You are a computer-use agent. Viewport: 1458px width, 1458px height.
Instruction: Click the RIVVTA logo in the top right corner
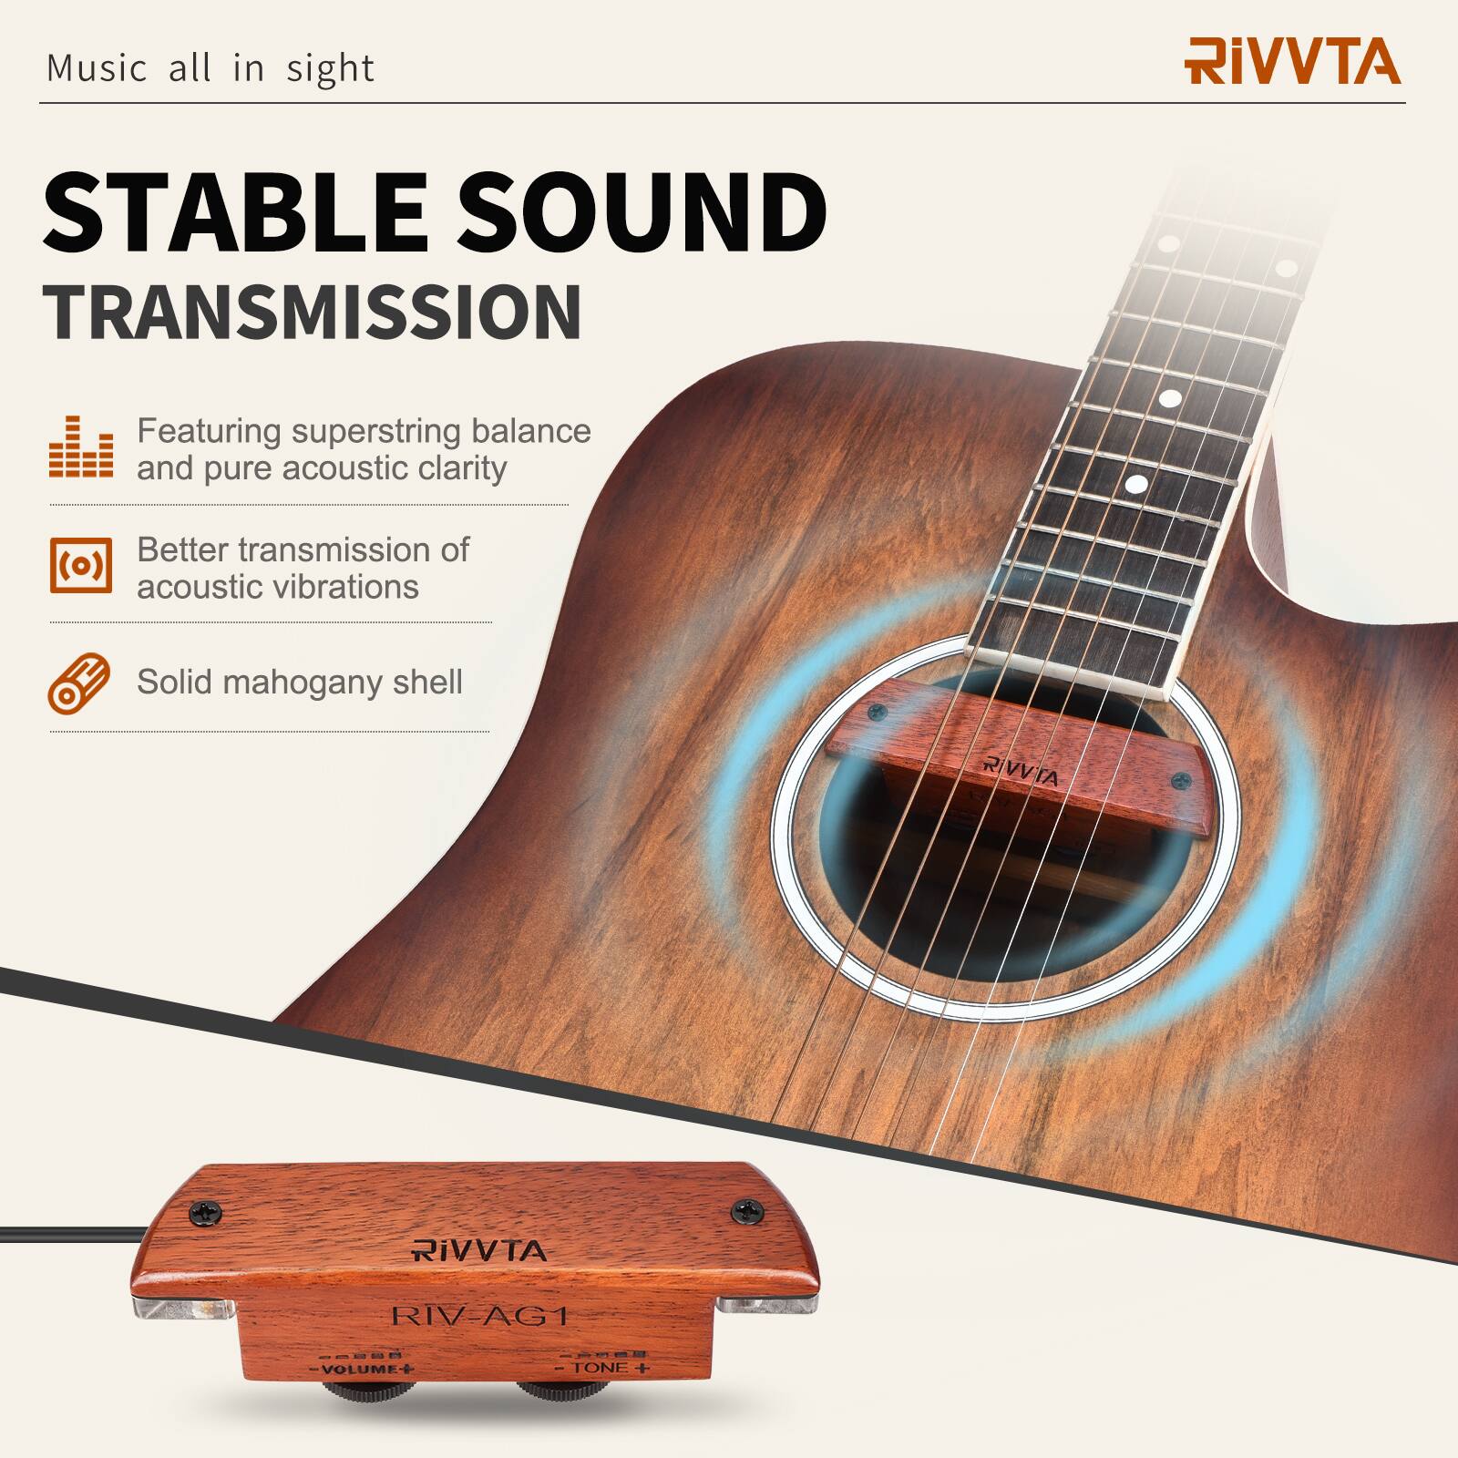pos(1292,61)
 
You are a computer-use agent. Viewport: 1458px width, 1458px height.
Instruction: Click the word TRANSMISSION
pos(312,313)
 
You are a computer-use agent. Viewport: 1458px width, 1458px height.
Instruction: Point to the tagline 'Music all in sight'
pos(210,69)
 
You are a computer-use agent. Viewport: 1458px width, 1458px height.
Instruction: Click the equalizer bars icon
pos(81,447)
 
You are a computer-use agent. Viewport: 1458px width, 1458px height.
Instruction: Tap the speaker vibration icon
pos(81,566)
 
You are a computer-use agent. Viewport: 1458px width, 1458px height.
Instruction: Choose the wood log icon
pos(79,683)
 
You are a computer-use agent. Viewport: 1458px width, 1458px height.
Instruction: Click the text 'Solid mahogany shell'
pos(300,682)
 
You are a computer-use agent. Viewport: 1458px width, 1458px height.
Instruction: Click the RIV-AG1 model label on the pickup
pos(479,1315)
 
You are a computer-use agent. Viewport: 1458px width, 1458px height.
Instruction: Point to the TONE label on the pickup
pos(602,1368)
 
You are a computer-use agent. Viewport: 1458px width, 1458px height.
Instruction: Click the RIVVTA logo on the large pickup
pos(479,1250)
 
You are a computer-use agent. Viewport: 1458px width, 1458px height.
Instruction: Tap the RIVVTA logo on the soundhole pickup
pos(1022,772)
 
